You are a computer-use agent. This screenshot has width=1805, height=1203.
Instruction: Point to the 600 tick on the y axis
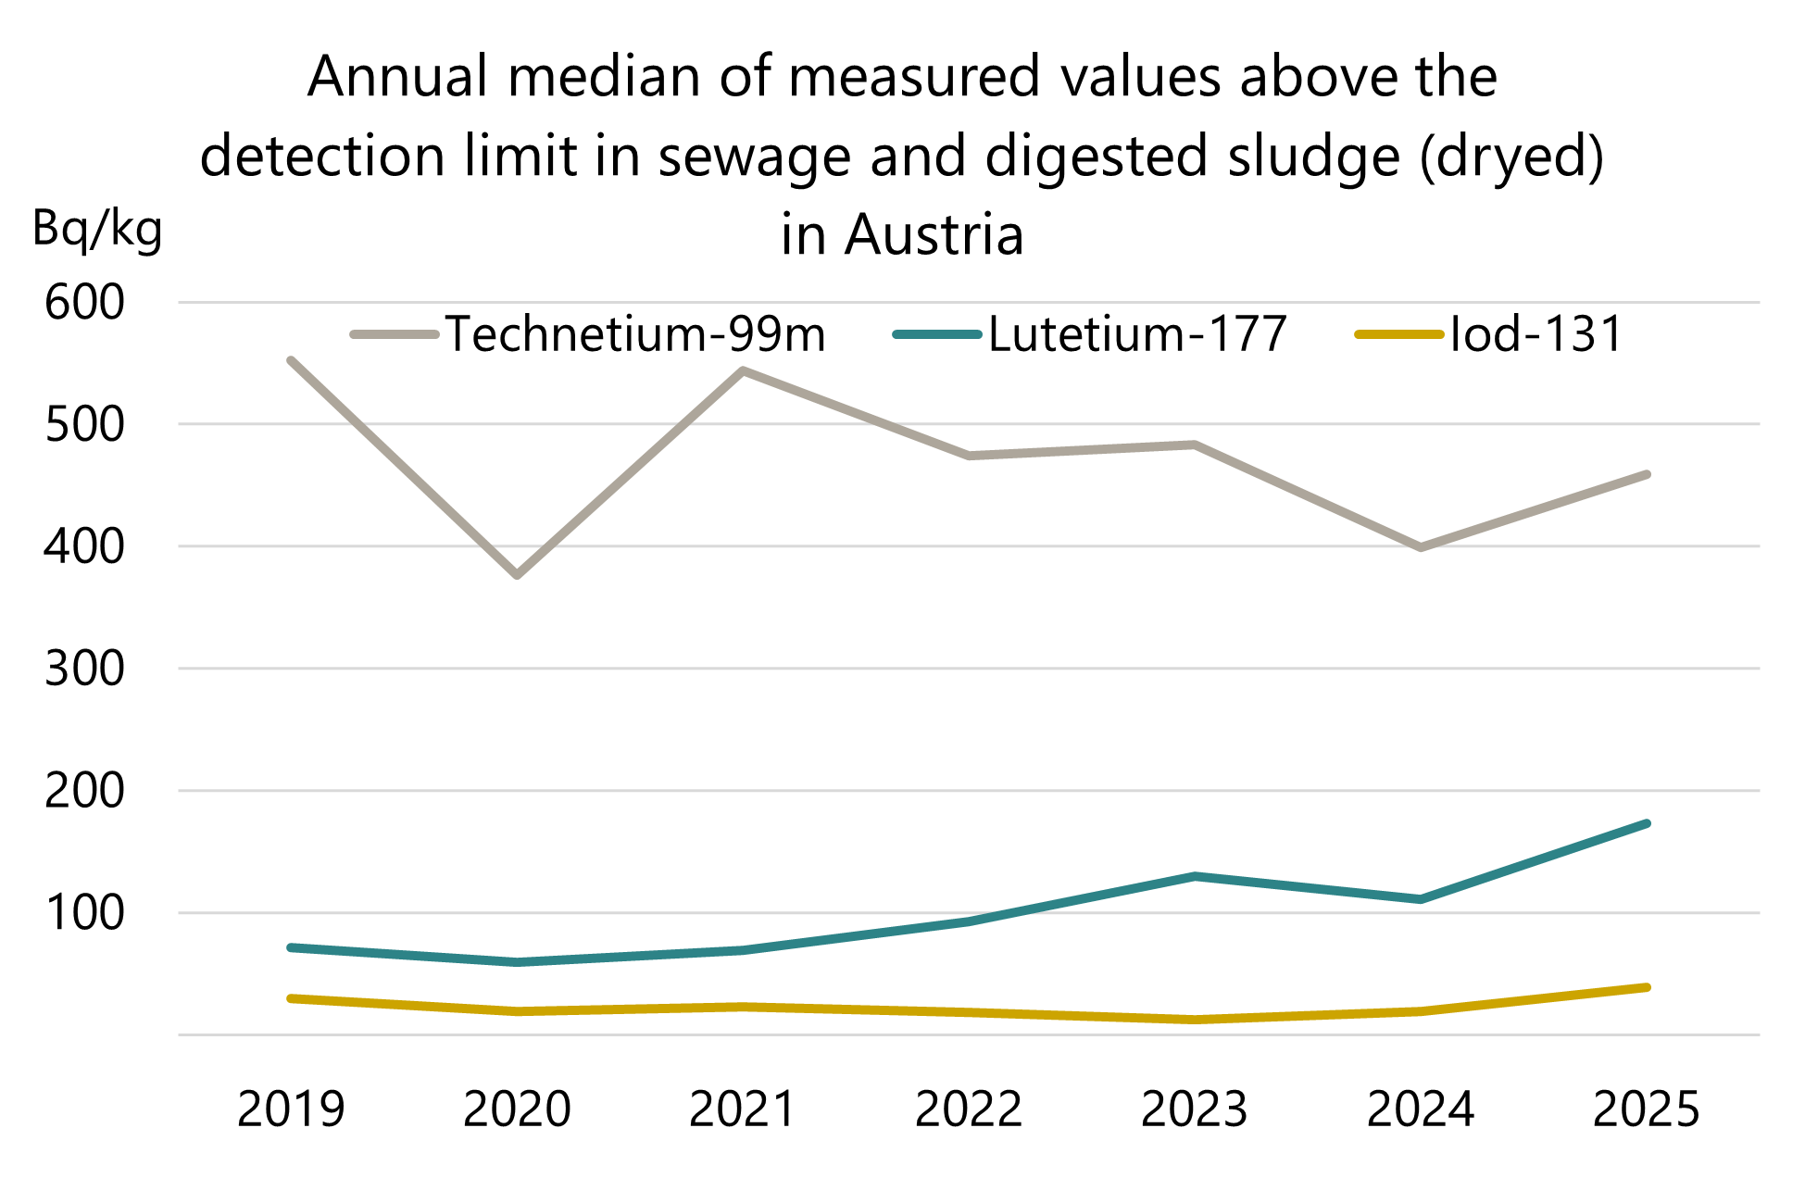click(84, 303)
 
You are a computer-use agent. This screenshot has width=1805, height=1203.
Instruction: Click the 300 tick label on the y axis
click(84, 669)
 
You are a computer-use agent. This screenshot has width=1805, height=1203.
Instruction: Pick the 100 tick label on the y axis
click(84, 913)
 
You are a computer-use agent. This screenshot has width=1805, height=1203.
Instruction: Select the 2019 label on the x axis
click(291, 1109)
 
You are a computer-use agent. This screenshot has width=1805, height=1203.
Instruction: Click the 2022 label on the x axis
click(969, 1109)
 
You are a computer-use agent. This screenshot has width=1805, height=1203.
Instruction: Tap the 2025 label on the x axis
click(1647, 1109)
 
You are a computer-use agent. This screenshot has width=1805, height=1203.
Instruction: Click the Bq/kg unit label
click(97, 228)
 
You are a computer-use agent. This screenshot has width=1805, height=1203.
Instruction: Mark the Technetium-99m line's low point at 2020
click(517, 575)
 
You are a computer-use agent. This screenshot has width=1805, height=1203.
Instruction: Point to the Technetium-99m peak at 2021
click(743, 370)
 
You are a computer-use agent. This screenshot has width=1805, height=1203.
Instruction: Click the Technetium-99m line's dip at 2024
click(1421, 547)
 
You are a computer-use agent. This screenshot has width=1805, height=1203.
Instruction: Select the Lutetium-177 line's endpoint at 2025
click(1647, 823)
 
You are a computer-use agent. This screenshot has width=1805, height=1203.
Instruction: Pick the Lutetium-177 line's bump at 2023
click(1195, 876)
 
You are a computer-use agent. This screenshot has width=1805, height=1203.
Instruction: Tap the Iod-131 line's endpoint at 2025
click(1647, 987)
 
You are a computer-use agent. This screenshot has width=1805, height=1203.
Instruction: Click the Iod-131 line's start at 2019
click(291, 998)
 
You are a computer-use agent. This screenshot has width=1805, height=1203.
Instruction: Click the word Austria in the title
click(934, 234)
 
